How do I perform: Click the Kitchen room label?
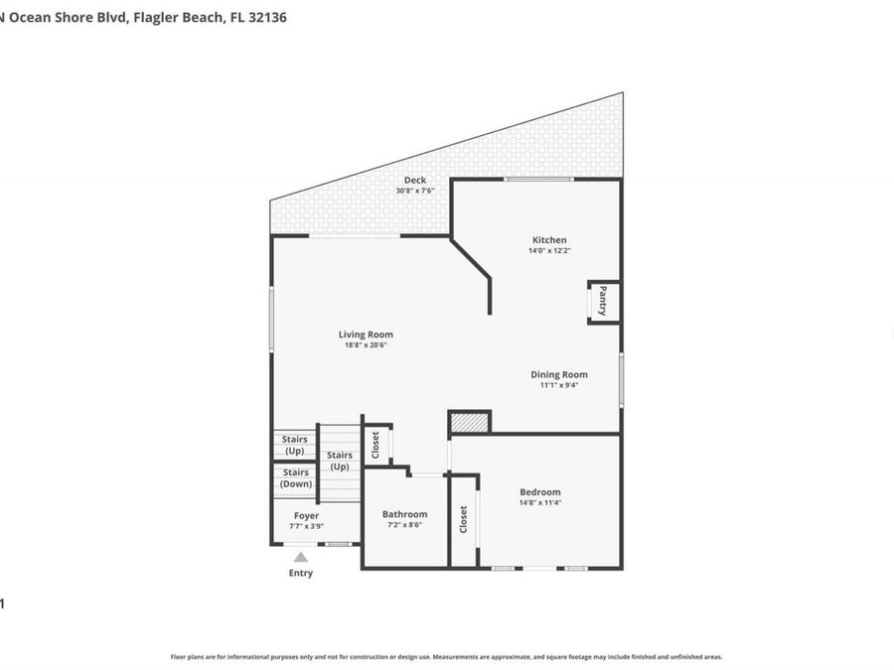click(549, 240)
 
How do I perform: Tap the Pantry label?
click(602, 302)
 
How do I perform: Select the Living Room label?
click(366, 335)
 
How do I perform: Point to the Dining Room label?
click(558, 374)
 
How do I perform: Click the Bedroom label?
click(540, 491)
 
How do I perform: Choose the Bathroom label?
click(404, 514)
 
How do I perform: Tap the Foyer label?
click(306, 516)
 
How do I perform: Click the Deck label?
click(415, 180)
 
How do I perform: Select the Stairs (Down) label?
click(295, 477)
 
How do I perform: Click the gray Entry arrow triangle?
click(301, 558)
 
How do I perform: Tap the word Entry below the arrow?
click(301, 573)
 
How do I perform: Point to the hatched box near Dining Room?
click(470, 423)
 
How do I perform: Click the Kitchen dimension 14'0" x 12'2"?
click(549, 251)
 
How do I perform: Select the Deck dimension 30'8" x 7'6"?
click(415, 191)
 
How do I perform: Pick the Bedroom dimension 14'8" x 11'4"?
click(540, 502)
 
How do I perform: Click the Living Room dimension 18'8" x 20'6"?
click(366, 345)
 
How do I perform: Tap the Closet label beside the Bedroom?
click(464, 520)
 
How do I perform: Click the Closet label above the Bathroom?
click(375, 444)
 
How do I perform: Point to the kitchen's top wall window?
click(537, 179)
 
